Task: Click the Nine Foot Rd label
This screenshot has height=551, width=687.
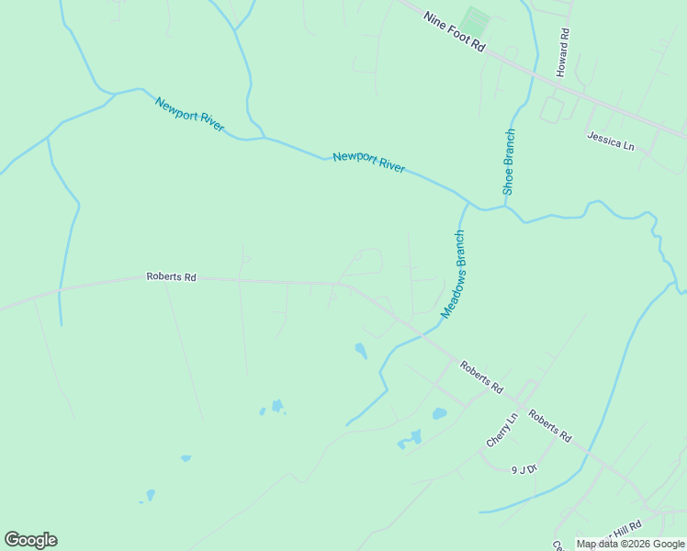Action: [453, 31]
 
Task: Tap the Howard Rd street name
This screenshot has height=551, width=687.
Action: [564, 51]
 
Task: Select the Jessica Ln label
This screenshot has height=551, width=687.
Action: [611, 140]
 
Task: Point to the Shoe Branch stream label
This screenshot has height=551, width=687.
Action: [510, 162]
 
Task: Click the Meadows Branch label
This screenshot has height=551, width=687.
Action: [454, 275]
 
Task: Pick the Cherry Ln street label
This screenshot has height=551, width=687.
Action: [502, 430]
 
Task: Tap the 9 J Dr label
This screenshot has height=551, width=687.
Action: [524, 468]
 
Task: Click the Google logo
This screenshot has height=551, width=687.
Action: [30, 540]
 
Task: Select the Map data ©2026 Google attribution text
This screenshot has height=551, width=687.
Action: [631, 544]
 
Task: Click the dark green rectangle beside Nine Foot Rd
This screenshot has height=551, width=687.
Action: [475, 19]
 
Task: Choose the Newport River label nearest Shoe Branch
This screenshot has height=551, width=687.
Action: [369, 162]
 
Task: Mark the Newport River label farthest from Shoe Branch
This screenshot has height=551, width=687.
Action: [189, 114]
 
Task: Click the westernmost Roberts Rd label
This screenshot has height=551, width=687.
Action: [172, 276]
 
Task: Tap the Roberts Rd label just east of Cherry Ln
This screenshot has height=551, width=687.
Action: [550, 426]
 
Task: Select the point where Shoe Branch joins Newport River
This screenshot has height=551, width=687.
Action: [504, 206]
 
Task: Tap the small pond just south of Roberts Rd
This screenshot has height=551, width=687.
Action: [361, 350]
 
